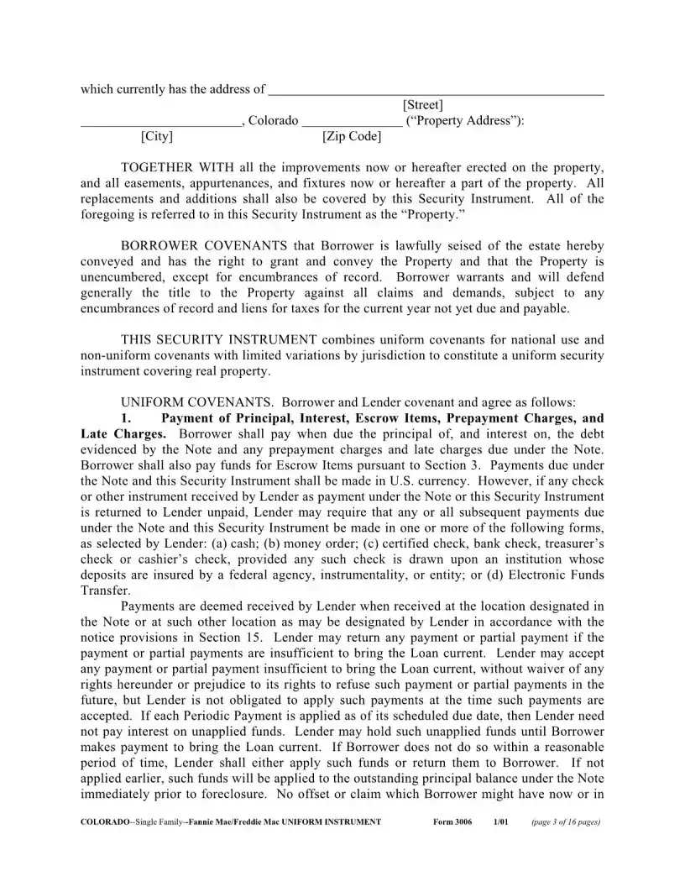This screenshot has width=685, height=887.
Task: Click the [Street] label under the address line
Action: pyautogui.click(x=423, y=105)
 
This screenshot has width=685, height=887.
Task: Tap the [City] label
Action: pyautogui.click(x=157, y=136)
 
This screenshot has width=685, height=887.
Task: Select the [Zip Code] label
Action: pyautogui.click(x=351, y=136)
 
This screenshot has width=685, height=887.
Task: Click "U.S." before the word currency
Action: pyautogui.click(x=402, y=481)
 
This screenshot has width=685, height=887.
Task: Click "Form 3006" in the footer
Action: pyautogui.click(x=452, y=822)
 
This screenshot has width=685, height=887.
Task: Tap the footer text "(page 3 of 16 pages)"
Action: pyautogui.click(x=566, y=822)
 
